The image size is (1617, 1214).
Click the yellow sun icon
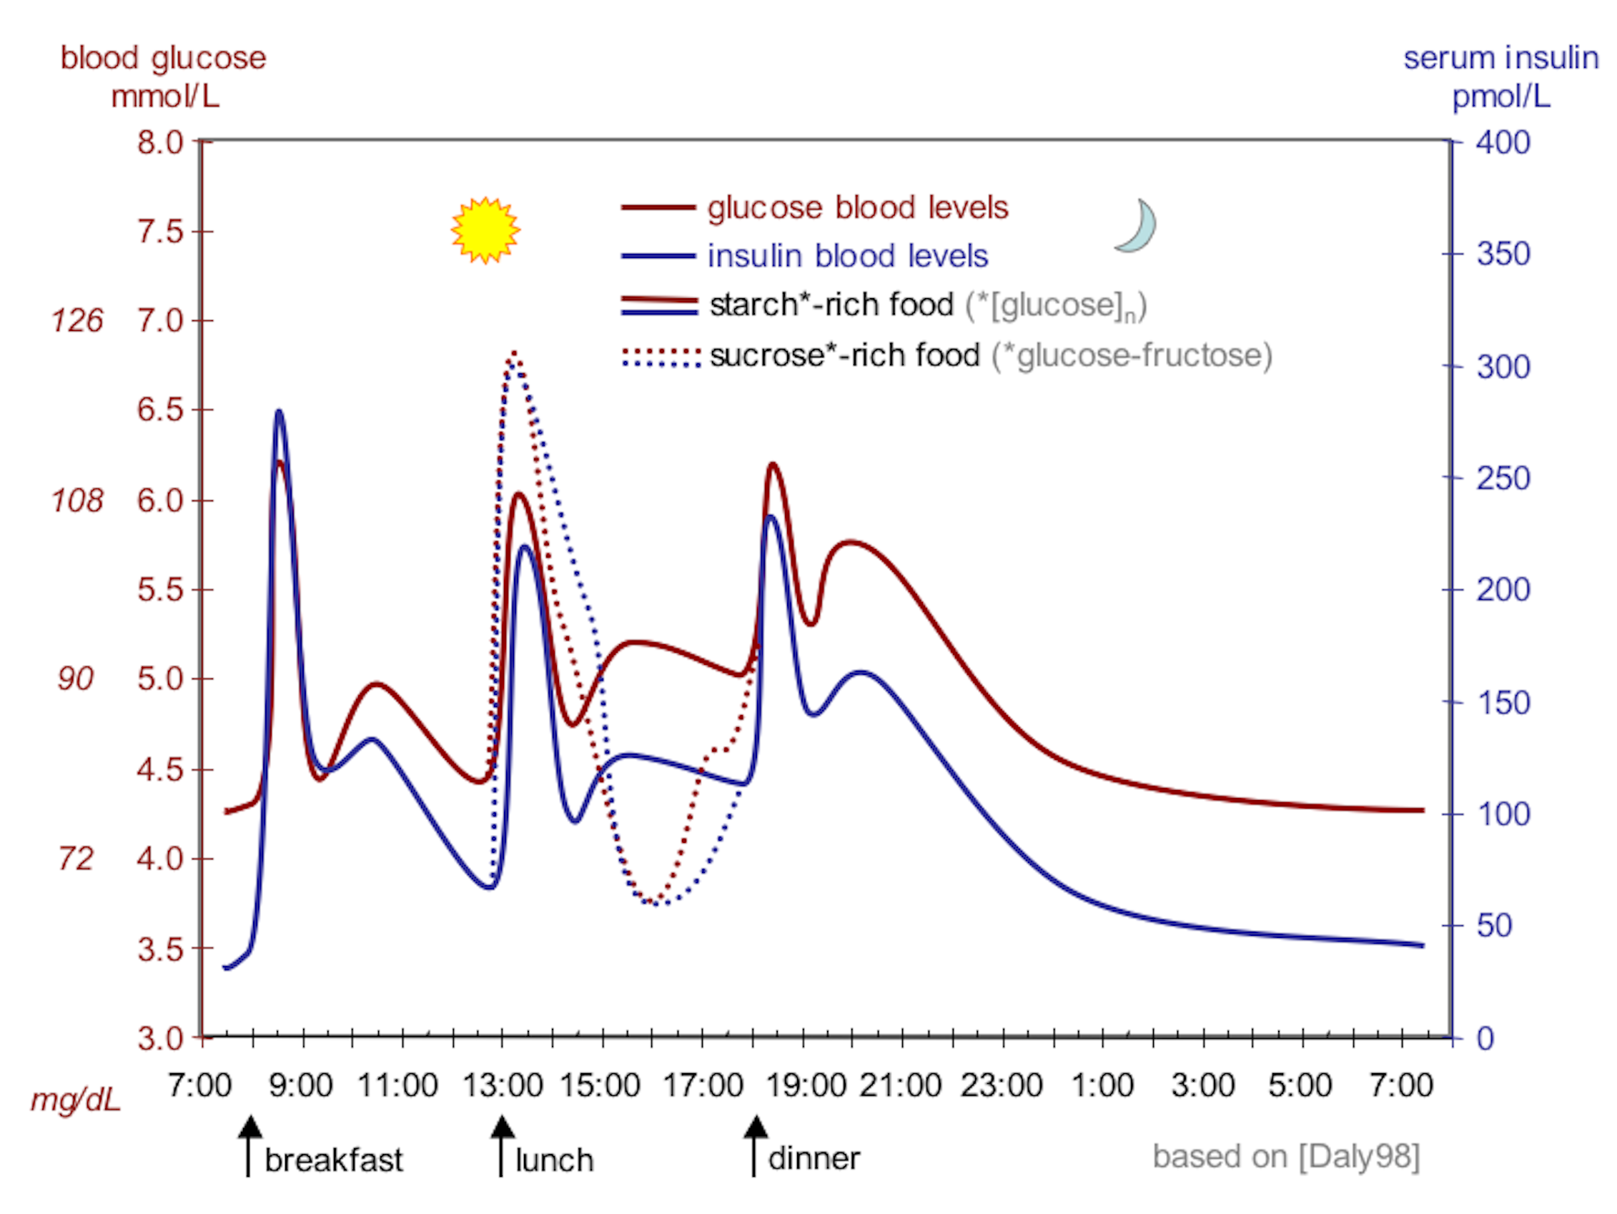[x=485, y=230]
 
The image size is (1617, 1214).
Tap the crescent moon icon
[x=1138, y=227]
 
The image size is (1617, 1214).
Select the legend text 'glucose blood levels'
[x=858, y=208]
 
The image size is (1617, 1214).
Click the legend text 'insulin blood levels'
[x=847, y=256]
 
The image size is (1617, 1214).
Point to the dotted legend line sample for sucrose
[x=660, y=357]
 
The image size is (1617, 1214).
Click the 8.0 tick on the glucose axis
[x=160, y=142]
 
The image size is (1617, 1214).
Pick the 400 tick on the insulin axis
[x=1503, y=142]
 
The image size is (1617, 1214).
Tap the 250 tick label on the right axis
[x=1503, y=478]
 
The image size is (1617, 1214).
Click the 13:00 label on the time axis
[x=503, y=1085]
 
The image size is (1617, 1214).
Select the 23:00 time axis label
[x=1002, y=1085]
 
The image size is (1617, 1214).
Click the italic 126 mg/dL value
[x=77, y=320]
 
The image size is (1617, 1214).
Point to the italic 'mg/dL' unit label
[x=75, y=1099]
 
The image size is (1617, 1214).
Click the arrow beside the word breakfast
[x=249, y=1145]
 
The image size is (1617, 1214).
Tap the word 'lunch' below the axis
[x=554, y=1160]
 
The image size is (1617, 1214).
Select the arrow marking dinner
[x=755, y=1145]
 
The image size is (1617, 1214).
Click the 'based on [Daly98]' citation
[x=1286, y=1157]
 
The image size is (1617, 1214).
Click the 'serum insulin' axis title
[x=1500, y=58]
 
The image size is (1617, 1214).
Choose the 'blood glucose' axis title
[x=163, y=58]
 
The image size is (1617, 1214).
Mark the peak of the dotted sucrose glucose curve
[x=515, y=354]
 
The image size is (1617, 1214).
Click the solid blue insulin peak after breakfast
[x=279, y=412]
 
